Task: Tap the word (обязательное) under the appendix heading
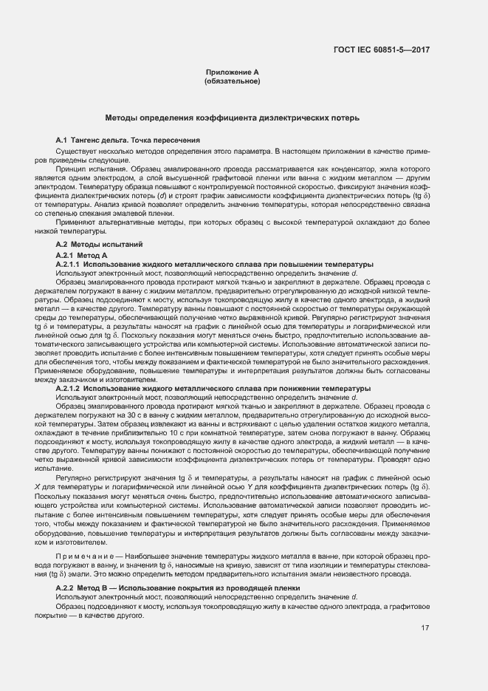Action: (232, 81)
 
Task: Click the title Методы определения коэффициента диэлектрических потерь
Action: (232, 118)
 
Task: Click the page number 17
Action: (425, 628)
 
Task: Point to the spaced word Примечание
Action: (80, 555)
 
